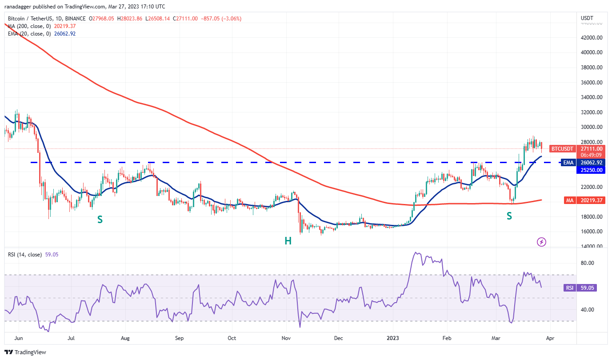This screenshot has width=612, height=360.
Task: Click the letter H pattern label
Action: (288, 241)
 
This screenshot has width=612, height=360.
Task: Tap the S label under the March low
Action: (509, 216)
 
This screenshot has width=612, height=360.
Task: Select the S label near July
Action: (100, 219)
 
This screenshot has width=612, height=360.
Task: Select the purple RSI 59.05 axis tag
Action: (580, 288)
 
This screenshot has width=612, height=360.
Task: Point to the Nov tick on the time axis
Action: (286, 338)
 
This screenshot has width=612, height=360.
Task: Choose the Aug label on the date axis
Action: (125, 338)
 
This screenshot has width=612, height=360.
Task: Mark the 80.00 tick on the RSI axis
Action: (588, 263)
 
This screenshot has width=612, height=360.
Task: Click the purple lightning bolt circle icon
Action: (541, 242)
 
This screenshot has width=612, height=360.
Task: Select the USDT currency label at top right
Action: (587, 18)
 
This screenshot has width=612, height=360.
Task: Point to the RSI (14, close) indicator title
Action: (25, 255)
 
